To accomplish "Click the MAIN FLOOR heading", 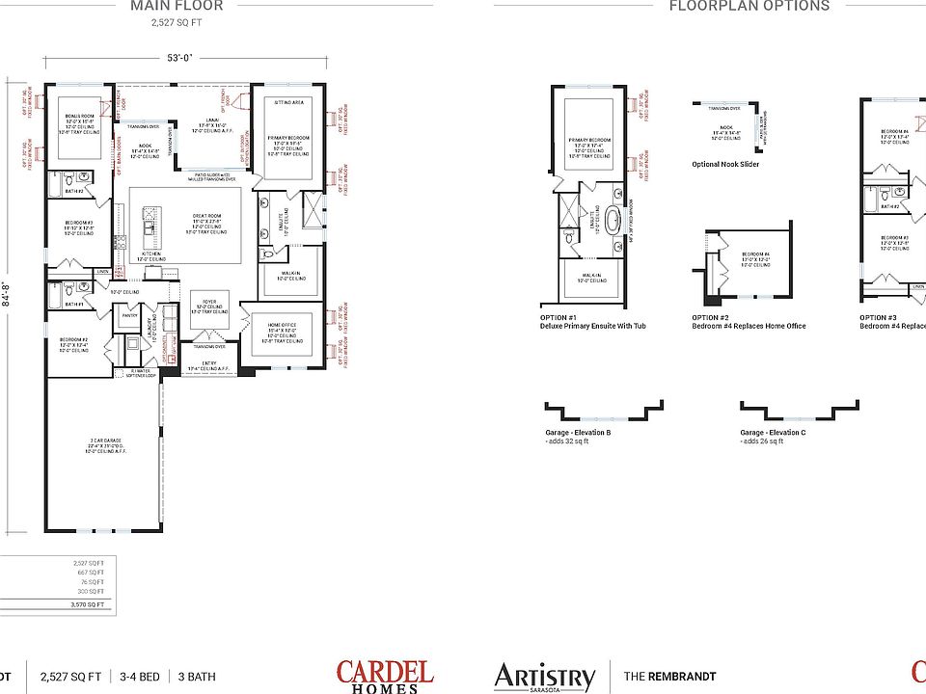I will tap(177, 6).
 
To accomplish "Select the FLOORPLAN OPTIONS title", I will tap(749, 6).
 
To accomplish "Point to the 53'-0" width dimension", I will tap(179, 58).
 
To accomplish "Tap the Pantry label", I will tap(129, 315).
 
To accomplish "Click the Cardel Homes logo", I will tap(385, 675).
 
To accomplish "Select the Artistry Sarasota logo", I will tap(545, 677).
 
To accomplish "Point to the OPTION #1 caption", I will tap(558, 317).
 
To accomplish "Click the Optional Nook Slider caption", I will tap(725, 165).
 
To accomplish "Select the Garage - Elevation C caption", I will tap(773, 433).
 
